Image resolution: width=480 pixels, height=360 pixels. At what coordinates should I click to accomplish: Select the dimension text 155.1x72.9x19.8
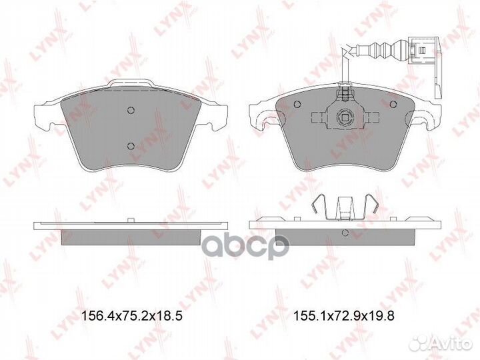[x=344, y=317]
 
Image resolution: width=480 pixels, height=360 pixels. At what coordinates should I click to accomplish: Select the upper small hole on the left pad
[x=131, y=111]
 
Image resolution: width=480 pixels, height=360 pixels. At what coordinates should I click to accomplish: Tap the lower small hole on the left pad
[x=131, y=146]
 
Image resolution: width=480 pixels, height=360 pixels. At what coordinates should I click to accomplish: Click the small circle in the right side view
[x=345, y=233]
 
